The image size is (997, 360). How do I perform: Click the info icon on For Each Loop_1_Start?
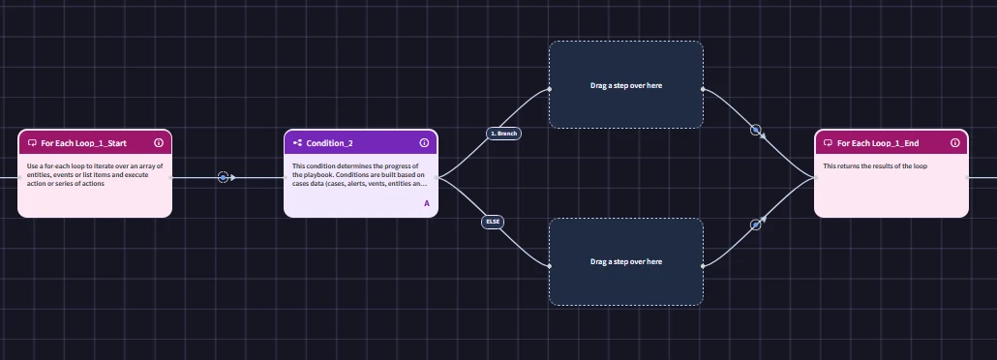click(159, 143)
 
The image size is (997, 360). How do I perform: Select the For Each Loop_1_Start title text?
click(84, 143)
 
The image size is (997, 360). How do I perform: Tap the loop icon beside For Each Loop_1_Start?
click(33, 143)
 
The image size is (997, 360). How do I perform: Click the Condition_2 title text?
click(329, 143)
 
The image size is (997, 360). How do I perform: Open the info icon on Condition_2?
click(424, 143)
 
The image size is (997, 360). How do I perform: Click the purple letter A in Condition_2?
click(427, 203)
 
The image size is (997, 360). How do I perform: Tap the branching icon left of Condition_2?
click(297, 143)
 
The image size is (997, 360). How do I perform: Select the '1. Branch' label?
click(503, 134)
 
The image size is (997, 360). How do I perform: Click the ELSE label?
click(493, 222)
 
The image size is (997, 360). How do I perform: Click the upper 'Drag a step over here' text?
click(626, 85)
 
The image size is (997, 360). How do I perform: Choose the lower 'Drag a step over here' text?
click(626, 261)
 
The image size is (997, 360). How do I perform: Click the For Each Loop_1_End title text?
click(878, 143)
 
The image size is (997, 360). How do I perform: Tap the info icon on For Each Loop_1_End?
click(955, 143)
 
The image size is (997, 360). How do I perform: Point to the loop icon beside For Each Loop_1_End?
click(829, 143)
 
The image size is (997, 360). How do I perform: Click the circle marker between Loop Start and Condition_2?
click(223, 177)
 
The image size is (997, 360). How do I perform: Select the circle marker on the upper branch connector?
click(755, 130)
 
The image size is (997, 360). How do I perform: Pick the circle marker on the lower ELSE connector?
click(755, 225)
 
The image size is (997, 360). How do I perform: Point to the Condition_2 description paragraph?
click(359, 175)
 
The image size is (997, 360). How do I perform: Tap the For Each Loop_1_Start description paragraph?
click(95, 175)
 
